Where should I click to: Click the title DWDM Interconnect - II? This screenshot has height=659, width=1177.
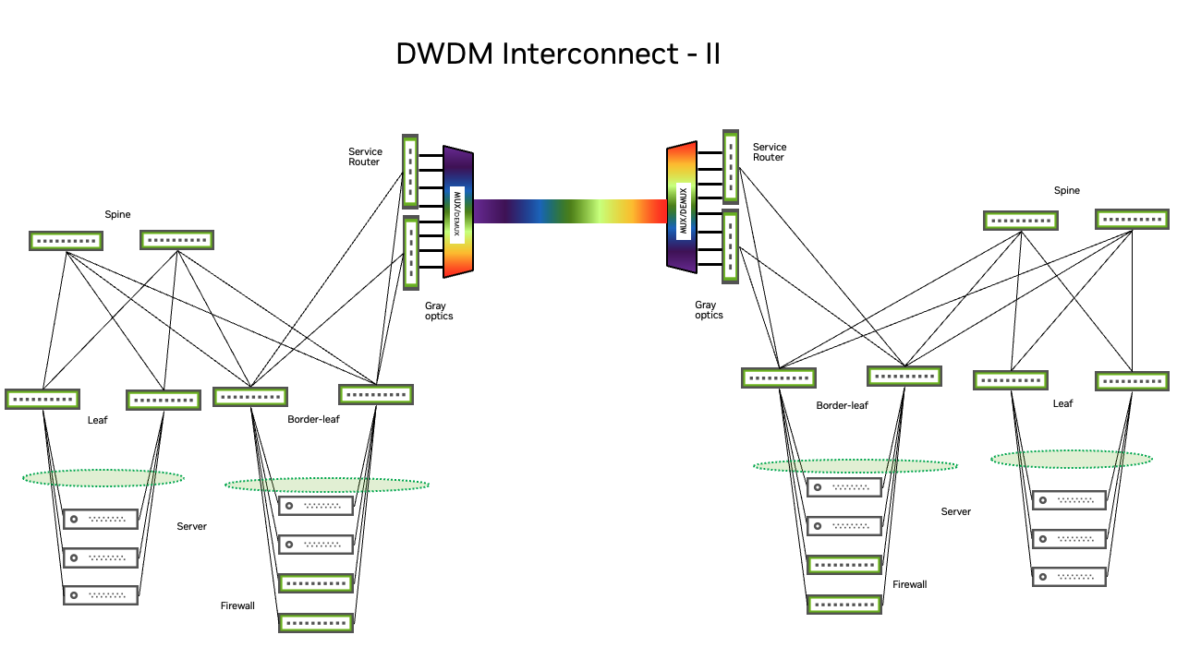tap(557, 54)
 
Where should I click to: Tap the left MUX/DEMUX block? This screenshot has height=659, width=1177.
tap(458, 211)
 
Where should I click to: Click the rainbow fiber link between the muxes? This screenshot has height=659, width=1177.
tap(569, 211)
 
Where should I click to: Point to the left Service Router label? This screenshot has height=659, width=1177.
tap(364, 157)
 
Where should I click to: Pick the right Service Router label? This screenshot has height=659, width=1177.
tap(769, 152)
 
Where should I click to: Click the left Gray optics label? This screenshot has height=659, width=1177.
tap(439, 311)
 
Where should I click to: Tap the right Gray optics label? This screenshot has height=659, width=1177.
tap(709, 310)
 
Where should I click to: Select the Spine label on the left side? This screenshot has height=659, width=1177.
tap(117, 214)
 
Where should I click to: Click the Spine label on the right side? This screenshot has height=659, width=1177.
tap(1066, 191)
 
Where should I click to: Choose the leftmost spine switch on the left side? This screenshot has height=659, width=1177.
tap(66, 241)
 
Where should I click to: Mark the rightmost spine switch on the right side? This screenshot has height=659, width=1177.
tap(1132, 220)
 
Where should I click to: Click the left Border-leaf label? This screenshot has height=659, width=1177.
tap(313, 419)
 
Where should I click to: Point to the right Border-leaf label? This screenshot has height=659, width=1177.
tap(842, 405)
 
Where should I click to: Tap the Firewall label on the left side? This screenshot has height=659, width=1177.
tap(237, 606)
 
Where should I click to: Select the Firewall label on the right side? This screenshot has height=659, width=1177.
tap(909, 584)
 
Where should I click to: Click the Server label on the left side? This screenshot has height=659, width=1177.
tap(191, 526)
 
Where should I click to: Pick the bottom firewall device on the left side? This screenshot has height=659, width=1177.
tap(316, 623)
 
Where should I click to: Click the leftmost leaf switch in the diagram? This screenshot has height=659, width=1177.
tap(42, 399)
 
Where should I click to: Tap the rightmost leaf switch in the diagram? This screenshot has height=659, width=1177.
tap(1132, 380)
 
